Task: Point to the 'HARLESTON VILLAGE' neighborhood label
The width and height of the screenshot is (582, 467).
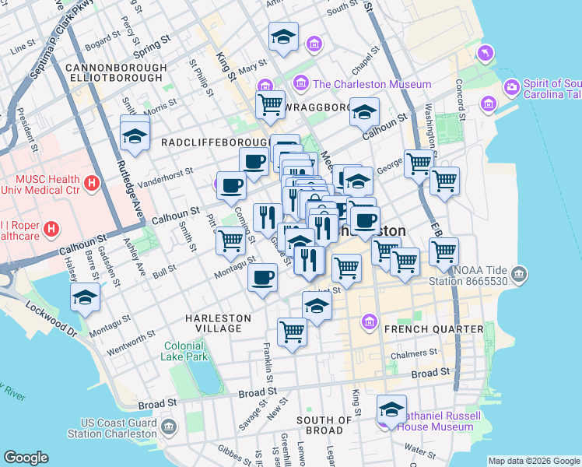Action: tap(218, 324)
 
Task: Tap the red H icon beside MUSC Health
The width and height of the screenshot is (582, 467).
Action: tap(92, 184)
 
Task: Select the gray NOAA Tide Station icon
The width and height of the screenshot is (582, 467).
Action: tap(520, 274)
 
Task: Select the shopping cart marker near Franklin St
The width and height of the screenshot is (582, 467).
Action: tap(292, 332)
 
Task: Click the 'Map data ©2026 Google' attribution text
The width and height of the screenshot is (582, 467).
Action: tap(533, 461)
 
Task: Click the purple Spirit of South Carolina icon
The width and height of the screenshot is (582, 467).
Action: tap(512, 85)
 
